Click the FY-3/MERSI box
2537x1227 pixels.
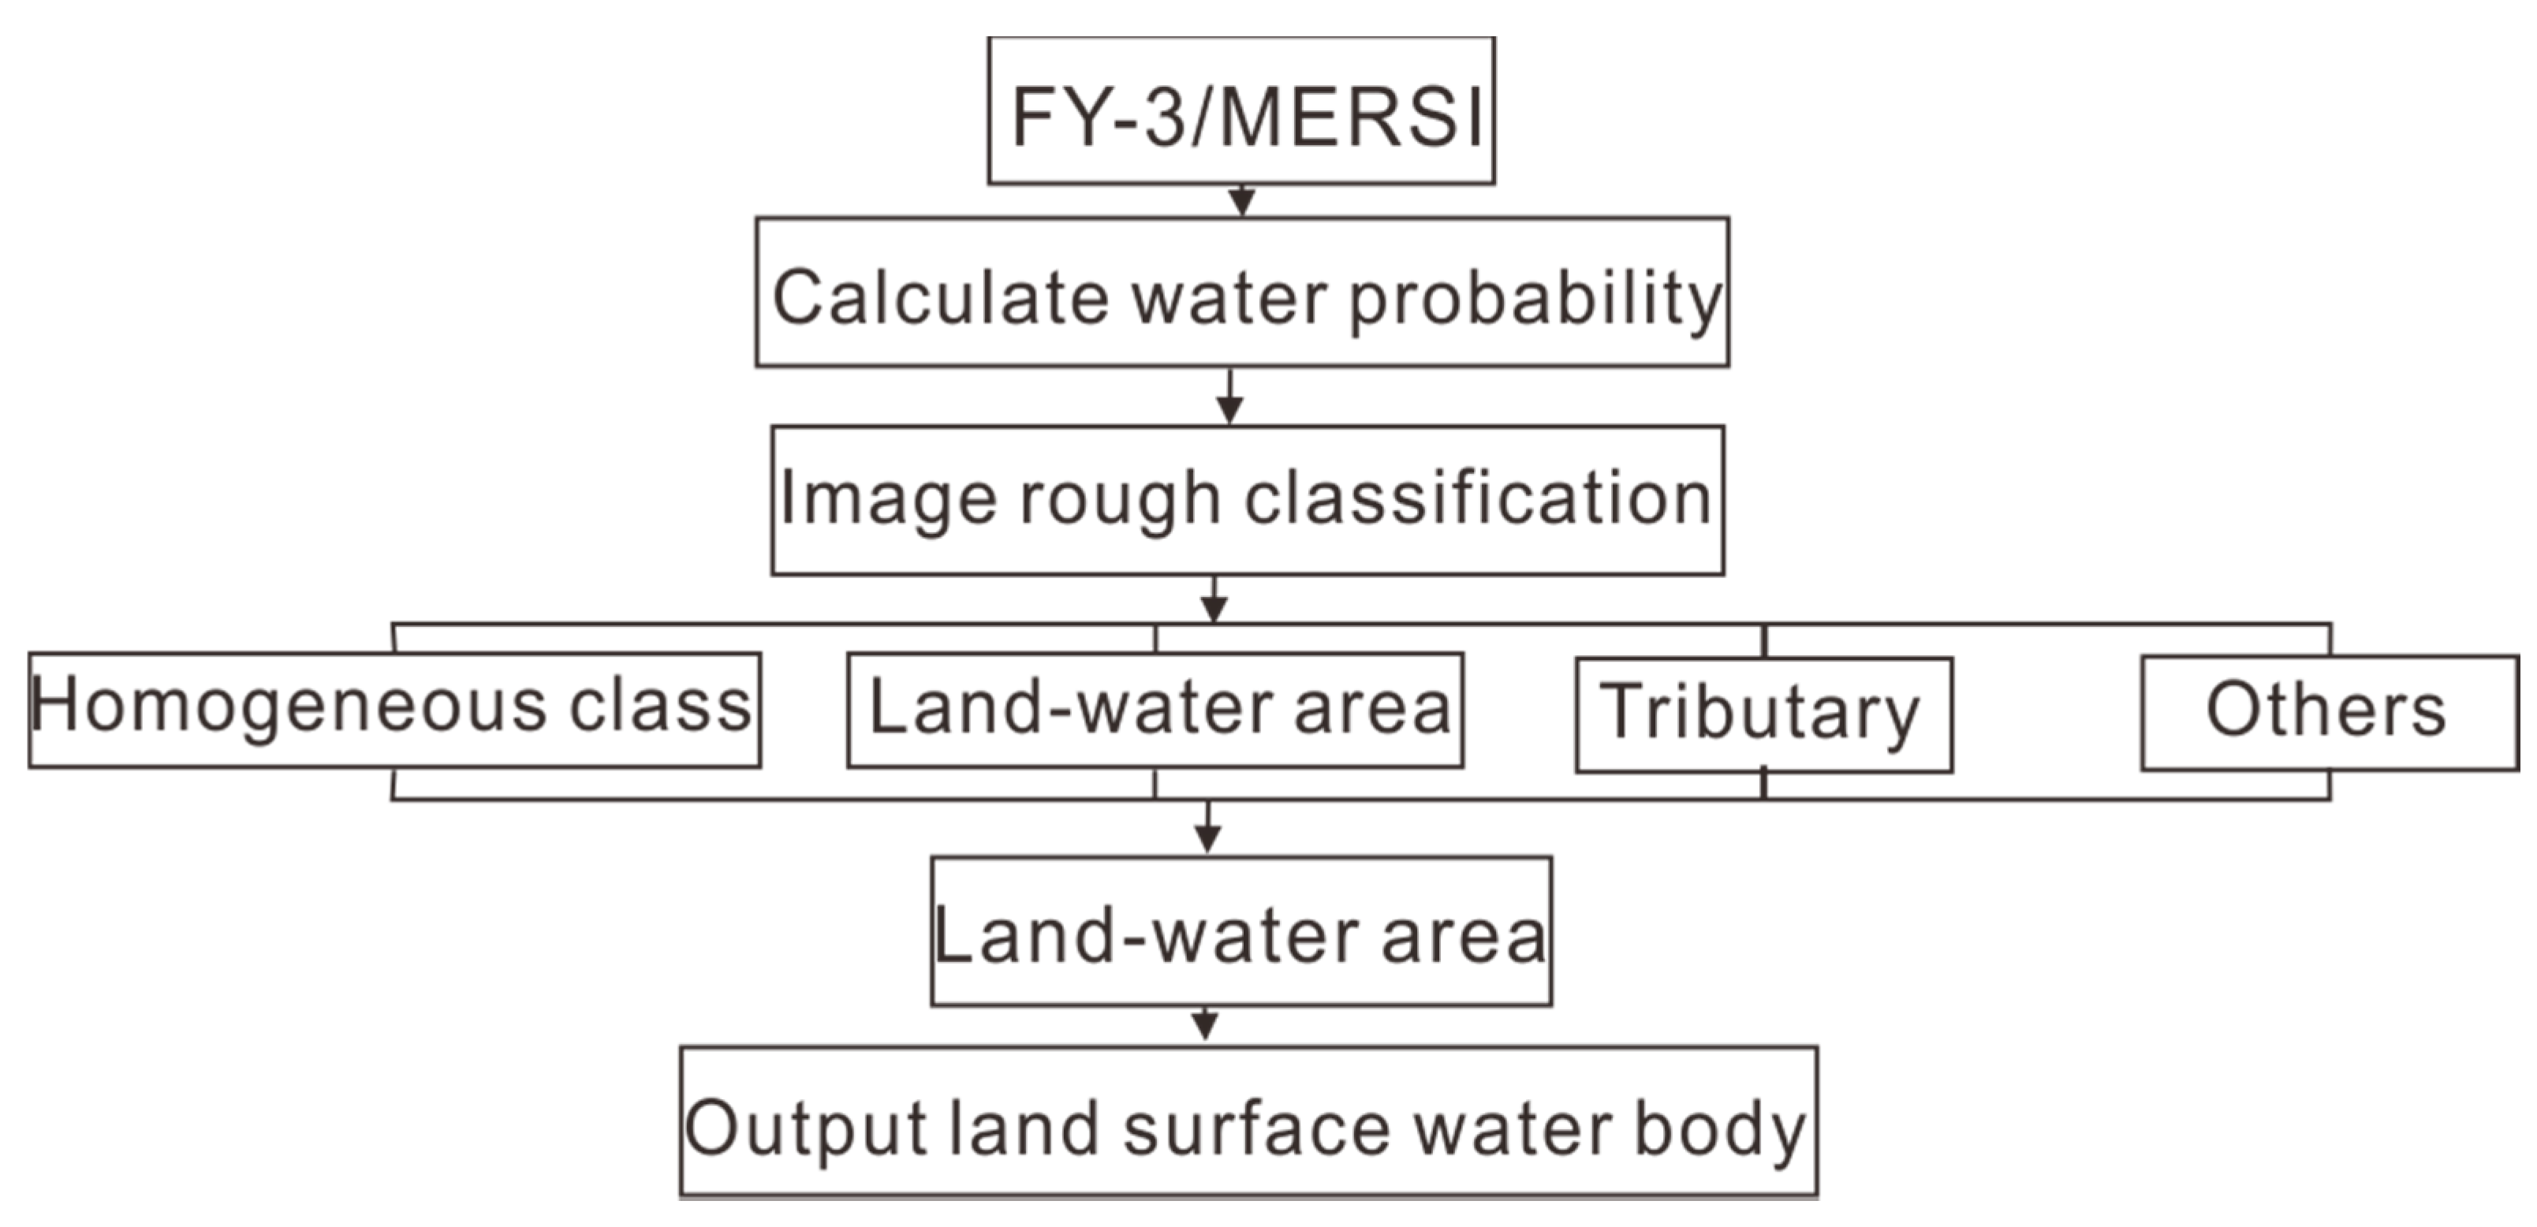(1241, 111)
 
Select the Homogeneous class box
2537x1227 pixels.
(394, 709)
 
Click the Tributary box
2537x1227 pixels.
(1763, 713)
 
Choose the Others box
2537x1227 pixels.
(2328, 711)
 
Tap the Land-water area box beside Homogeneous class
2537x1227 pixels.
(1155, 709)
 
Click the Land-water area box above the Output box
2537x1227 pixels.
(1241, 931)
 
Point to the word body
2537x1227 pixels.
(1718, 1128)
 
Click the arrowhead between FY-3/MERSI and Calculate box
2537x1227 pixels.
(1242, 202)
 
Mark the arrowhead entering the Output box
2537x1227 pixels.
(1204, 1026)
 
